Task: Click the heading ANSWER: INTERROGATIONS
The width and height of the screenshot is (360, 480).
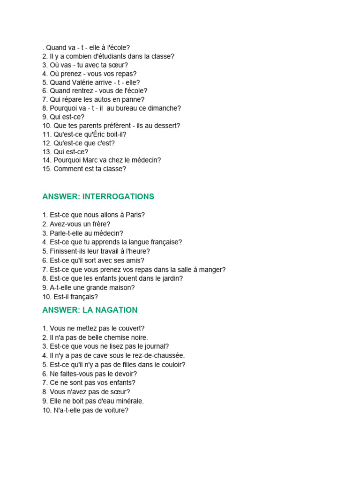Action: [x=98, y=196]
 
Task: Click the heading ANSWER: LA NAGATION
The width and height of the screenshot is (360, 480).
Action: [x=90, y=310]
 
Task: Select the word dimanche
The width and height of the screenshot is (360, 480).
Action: [x=165, y=108]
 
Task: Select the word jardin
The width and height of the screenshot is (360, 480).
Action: [x=172, y=278]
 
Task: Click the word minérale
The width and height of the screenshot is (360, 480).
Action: [x=127, y=401]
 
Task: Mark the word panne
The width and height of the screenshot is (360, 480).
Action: [x=135, y=99]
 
